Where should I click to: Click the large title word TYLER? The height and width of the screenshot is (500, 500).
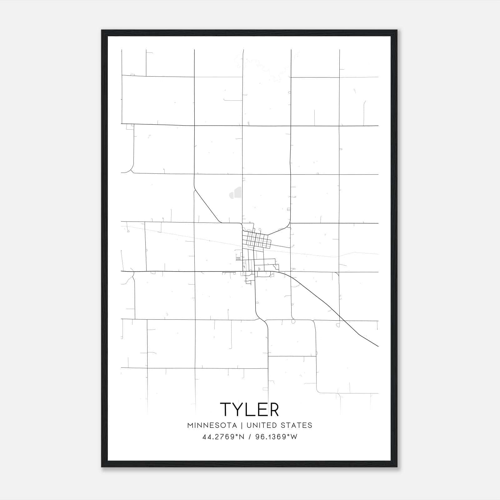click(x=249, y=409)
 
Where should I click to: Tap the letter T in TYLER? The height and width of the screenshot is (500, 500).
click(x=226, y=409)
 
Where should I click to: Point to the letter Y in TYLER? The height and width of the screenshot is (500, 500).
click(x=239, y=409)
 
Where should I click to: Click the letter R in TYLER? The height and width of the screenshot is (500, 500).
click(x=273, y=409)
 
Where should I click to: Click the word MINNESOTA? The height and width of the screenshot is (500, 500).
click(x=212, y=425)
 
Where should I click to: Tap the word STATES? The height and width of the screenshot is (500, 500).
click(x=296, y=425)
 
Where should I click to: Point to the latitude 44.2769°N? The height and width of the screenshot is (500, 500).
click(x=222, y=437)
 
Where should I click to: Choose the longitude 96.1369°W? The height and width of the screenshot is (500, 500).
click(x=276, y=437)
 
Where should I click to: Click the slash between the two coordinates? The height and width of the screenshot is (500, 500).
click(x=250, y=437)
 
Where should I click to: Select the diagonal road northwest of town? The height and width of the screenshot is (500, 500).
click(x=206, y=205)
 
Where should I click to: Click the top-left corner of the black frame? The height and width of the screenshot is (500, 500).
click(x=102, y=31)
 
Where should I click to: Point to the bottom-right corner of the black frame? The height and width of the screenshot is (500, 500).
click(x=397, y=467)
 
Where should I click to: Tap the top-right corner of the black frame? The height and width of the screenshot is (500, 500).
click(x=397, y=31)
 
